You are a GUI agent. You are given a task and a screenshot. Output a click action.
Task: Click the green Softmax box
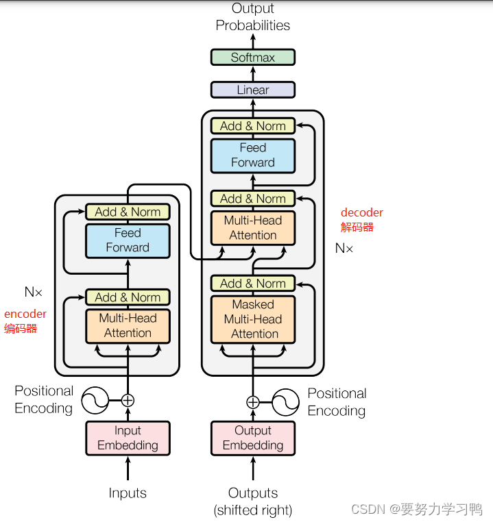(253, 58)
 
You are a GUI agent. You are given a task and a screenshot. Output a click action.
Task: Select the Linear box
(253, 90)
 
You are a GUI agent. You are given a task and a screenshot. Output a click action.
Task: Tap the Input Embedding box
(128, 438)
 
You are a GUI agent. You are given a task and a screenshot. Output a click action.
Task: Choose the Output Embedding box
(253, 438)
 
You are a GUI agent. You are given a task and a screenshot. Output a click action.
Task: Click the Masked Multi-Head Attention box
(253, 319)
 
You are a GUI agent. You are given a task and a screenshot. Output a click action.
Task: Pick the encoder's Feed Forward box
(128, 240)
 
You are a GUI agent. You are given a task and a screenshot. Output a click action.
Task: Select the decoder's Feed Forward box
(253, 156)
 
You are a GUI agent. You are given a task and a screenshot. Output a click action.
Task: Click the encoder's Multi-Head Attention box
(128, 326)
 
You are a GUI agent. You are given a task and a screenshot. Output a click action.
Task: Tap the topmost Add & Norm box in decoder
(253, 126)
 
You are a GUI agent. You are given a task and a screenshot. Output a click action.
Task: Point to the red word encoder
(25, 314)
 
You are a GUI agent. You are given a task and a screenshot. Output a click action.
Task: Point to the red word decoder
(362, 212)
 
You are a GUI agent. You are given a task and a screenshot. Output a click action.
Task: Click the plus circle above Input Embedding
(128, 400)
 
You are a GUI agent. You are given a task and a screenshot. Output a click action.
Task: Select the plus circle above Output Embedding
(253, 402)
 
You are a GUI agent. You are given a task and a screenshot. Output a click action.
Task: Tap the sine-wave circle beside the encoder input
(95, 400)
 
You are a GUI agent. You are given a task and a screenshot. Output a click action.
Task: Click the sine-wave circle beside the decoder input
(285, 402)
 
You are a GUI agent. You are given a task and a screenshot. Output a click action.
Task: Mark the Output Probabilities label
(253, 16)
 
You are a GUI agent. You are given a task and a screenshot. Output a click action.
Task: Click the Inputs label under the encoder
(128, 493)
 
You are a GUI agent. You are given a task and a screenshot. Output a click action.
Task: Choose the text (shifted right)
(253, 510)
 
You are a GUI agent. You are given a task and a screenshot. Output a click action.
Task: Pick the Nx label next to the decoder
(344, 248)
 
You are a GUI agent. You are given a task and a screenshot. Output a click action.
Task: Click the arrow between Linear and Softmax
(253, 73)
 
